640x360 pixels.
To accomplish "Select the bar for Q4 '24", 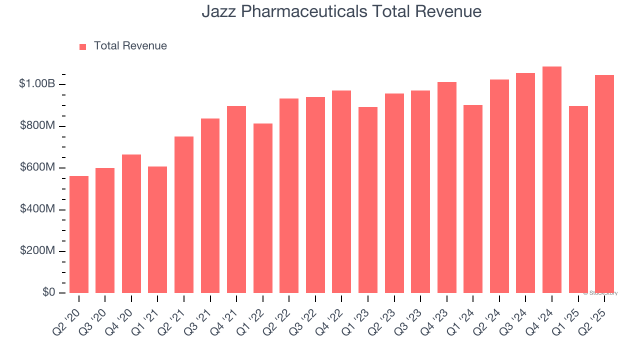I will click(x=552, y=179).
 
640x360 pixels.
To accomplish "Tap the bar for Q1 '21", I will click(x=157, y=229).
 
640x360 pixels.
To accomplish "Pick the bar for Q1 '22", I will click(x=263, y=208).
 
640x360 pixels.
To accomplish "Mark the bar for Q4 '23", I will click(x=447, y=187).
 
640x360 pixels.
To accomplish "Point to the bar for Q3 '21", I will click(x=210, y=205).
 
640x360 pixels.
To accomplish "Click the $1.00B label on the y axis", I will click(x=37, y=84).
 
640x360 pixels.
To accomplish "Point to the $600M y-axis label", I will click(x=37, y=167).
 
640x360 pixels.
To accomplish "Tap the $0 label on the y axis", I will click(x=48, y=292).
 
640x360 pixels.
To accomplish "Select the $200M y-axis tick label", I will click(x=37, y=251).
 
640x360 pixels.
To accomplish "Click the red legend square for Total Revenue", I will click(x=83, y=46).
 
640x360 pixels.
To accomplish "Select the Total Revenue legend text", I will click(x=130, y=46).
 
